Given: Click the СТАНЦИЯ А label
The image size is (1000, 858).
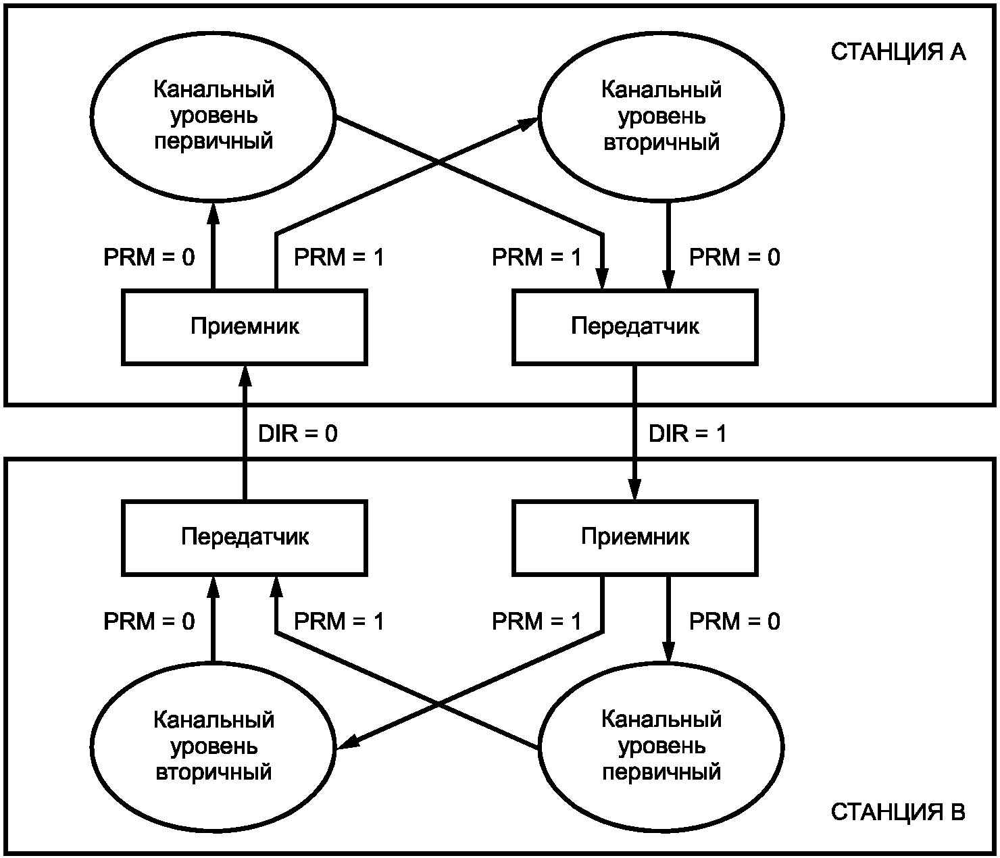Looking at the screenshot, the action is (898, 52).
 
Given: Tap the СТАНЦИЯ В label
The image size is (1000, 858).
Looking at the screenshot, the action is (898, 812).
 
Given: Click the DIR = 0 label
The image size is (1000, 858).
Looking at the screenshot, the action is (298, 433).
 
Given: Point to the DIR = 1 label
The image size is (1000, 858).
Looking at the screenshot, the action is (687, 433).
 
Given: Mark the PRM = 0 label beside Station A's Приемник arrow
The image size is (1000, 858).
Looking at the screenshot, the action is (149, 257).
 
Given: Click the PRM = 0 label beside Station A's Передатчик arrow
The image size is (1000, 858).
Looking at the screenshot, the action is (734, 257).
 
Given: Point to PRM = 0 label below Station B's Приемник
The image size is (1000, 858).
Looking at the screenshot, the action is (734, 621).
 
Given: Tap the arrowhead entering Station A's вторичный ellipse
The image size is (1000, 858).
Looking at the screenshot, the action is (528, 123).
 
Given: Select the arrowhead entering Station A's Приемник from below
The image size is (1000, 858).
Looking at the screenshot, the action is (245, 376).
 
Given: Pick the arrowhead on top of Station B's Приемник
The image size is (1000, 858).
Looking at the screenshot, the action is (634, 489).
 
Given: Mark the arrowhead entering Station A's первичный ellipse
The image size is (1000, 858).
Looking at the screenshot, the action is (213, 213).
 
